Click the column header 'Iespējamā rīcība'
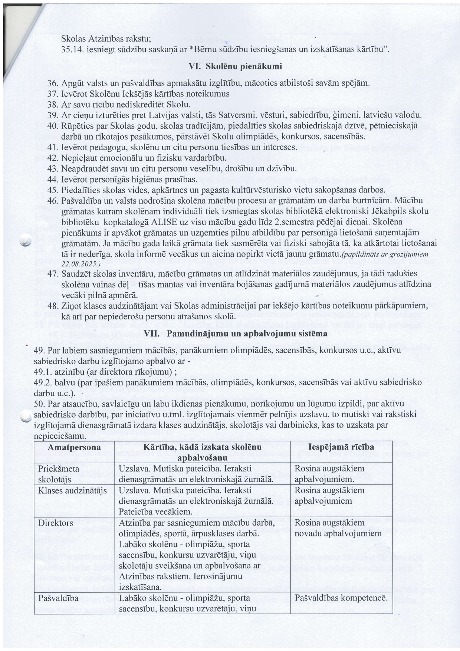[x=342, y=447]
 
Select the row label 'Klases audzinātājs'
[x=73, y=490]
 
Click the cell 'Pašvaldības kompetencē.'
[x=341, y=598]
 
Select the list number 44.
[x=53, y=180]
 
